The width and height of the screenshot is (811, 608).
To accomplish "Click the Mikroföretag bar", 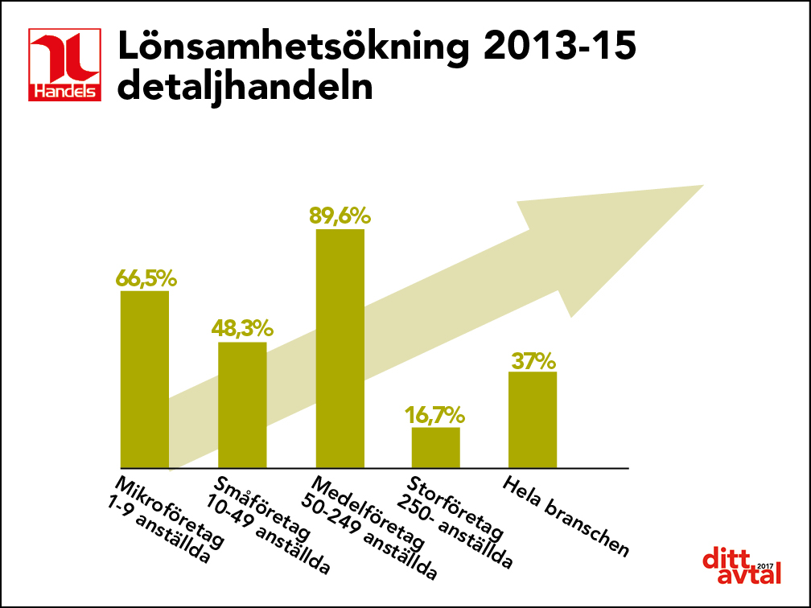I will (x=145, y=379).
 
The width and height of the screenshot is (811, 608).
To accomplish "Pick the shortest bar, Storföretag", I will (x=436, y=447).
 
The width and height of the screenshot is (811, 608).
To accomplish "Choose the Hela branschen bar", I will (x=533, y=419).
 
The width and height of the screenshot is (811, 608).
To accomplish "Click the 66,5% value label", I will (x=146, y=278).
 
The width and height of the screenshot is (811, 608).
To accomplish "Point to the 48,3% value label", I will (x=243, y=329).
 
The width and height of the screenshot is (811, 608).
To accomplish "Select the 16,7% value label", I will (x=435, y=415).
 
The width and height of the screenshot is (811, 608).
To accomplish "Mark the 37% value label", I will (x=533, y=359).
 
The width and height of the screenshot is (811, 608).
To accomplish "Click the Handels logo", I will (x=65, y=65).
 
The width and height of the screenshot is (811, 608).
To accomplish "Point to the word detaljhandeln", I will (x=245, y=87).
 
